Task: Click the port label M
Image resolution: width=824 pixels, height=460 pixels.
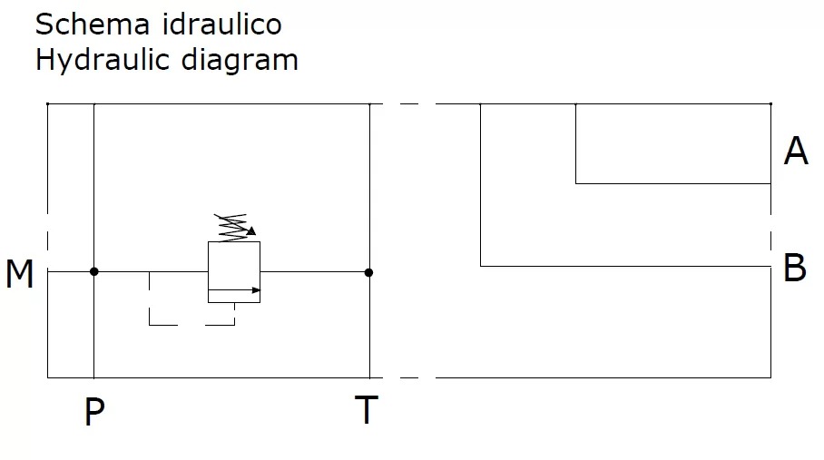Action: (x=19, y=273)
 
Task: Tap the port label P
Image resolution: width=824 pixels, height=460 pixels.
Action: (x=94, y=411)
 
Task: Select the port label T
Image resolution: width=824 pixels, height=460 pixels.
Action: (x=367, y=409)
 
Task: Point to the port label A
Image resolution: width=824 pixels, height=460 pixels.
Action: (x=796, y=151)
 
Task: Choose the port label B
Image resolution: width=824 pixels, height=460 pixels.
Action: (x=795, y=268)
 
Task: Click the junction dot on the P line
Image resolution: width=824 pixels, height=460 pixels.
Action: (x=94, y=271)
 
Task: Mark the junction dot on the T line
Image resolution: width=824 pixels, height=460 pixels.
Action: (x=369, y=272)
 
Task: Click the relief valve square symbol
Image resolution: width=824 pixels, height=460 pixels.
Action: (x=234, y=272)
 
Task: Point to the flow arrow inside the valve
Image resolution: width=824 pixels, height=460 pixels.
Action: (x=234, y=289)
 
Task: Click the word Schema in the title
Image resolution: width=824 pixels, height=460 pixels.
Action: (x=93, y=24)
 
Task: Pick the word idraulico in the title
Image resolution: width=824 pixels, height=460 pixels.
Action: (x=221, y=24)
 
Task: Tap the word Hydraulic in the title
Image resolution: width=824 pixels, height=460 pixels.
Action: (x=102, y=60)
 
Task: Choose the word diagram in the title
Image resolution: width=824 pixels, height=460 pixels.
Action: (x=240, y=61)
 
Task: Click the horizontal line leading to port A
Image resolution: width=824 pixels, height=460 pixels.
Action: (x=673, y=184)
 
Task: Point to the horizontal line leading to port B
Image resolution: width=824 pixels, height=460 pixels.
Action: (x=625, y=266)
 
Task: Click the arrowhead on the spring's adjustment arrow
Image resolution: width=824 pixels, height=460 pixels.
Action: (x=251, y=230)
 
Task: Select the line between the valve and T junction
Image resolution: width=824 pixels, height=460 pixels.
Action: (x=314, y=272)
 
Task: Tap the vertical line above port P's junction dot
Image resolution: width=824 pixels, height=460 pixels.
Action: (x=94, y=188)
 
